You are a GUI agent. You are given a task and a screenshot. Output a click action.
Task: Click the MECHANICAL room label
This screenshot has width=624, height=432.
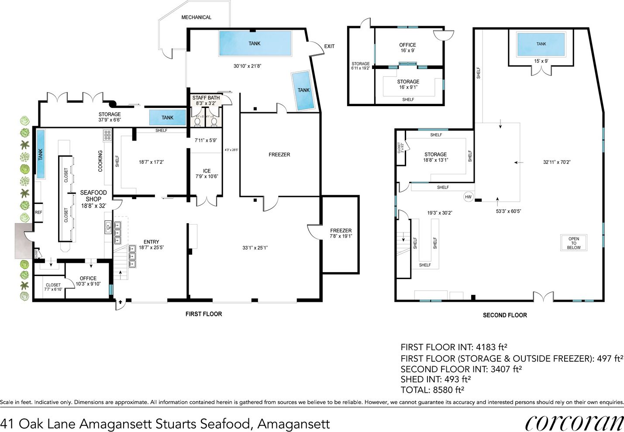[x=196, y=17]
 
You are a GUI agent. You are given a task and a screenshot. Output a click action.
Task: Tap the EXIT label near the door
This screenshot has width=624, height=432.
[x=329, y=46]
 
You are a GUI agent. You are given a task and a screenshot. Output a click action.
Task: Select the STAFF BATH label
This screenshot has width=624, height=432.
[x=206, y=98]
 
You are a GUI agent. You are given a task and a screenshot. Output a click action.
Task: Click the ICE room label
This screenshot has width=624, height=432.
[x=207, y=171]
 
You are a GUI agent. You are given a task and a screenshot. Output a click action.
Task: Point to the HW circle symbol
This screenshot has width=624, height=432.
[x=468, y=197]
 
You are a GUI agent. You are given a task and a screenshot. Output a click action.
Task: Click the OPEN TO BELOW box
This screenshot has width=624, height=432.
[x=573, y=243]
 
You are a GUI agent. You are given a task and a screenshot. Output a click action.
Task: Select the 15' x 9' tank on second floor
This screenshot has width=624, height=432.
[x=541, y=44]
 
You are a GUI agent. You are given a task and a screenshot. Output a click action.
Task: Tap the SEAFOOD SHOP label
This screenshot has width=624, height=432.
[x=93, y=196]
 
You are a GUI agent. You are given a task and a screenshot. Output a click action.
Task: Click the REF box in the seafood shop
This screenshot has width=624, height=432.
[x=38, y=213]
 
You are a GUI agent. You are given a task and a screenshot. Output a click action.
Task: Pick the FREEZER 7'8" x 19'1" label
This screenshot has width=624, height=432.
[x=341, y=233]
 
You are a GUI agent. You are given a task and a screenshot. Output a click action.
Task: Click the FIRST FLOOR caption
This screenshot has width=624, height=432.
[x=203, y=314]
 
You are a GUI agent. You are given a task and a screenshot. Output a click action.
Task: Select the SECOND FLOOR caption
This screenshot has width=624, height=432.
[x=504, y=315]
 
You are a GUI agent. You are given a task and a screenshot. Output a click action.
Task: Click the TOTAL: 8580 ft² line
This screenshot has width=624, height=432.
[x=432, y=390]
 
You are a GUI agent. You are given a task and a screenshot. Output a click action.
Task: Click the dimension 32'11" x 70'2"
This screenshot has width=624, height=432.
[x=556, y=162]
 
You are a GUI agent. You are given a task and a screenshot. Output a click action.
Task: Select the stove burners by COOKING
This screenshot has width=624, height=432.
[x=107, y=135]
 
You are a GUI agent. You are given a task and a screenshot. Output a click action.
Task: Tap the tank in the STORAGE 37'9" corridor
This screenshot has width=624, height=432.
[x=167, y=118]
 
